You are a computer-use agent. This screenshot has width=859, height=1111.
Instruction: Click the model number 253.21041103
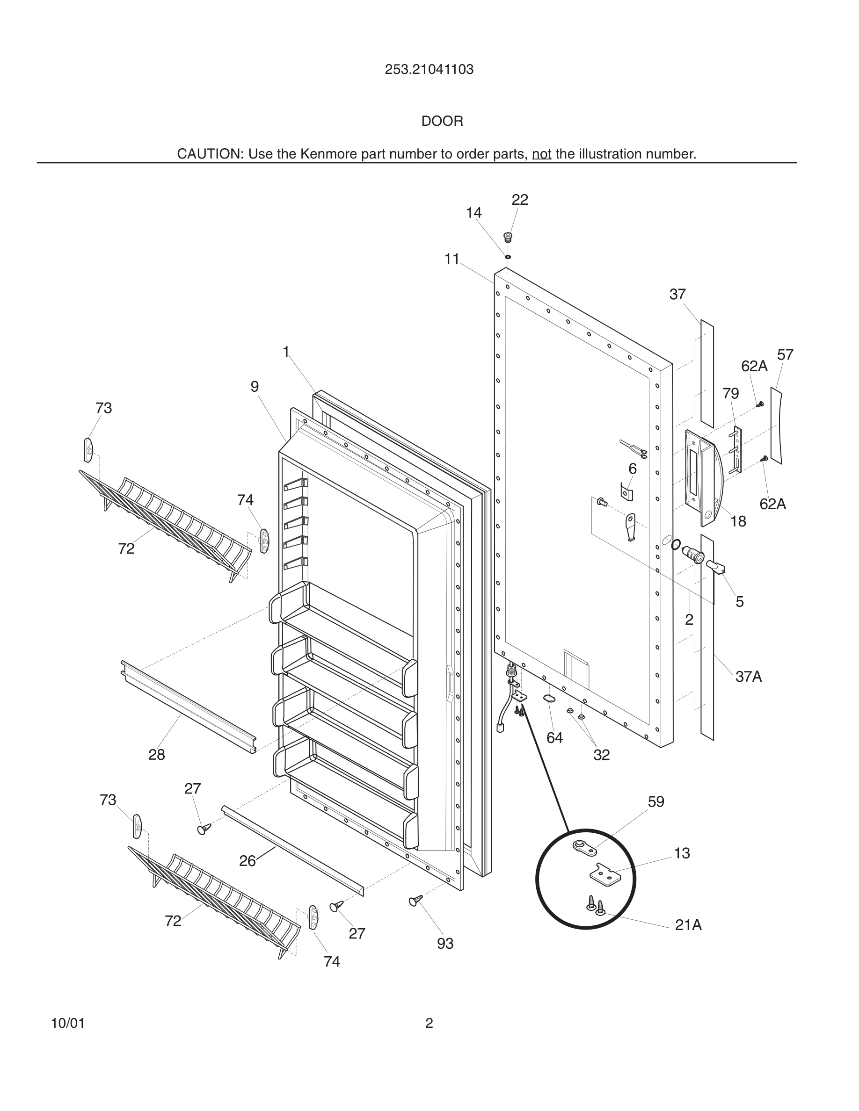coord(429,70)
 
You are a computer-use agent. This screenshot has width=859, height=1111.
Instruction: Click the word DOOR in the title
coord(442,121)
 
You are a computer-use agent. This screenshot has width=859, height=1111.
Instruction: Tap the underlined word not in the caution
coord(541,154)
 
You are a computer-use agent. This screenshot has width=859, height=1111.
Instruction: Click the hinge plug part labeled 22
coord(507,237)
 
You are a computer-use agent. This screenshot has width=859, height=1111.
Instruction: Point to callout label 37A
coord(748,677)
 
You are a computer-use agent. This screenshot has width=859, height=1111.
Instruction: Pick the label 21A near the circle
coord(688,925)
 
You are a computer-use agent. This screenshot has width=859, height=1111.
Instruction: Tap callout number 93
coord(445,944)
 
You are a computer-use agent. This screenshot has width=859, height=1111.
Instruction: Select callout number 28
coord(156,754)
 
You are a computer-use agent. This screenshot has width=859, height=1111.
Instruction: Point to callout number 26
coord(248,861)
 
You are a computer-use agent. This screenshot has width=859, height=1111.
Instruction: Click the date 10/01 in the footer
coord(68,1023)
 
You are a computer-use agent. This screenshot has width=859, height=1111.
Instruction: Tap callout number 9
coord(255,387)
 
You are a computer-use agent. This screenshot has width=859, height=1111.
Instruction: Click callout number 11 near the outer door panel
coord(451,260)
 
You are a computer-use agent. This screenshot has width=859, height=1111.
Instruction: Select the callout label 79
coord(730,393)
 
